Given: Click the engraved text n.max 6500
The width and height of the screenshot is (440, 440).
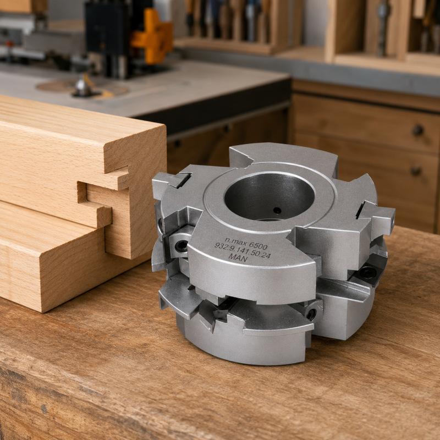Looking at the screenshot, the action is pos(246,243).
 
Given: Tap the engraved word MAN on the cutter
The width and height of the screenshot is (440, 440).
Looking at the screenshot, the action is pos(238,257).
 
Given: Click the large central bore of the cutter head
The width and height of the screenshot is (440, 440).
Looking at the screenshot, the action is pos(269,196).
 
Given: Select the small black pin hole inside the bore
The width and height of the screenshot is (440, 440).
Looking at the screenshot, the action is pos(277,211).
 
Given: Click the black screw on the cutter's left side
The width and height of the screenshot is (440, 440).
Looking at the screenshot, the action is pos(182,246).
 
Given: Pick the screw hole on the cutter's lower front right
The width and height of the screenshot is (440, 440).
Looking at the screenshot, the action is pos(311,314).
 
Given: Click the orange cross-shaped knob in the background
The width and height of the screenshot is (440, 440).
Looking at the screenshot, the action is pos(152,36).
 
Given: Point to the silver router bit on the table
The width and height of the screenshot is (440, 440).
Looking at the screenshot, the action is pos(83,86).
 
